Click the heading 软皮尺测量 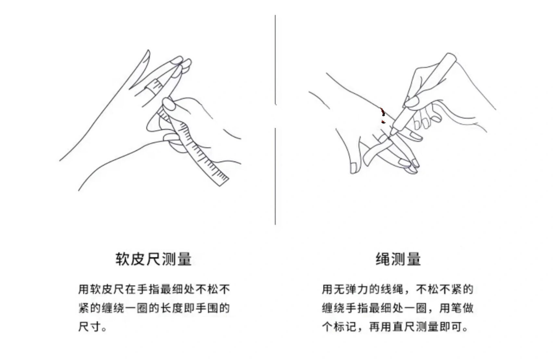pos(153,259)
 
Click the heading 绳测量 pos(398,259)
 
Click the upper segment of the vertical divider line pos(275,58)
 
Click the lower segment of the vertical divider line pos(275,175)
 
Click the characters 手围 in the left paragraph pos(207,308)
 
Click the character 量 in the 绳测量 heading pos(413,259)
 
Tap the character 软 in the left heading pos(123,259)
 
